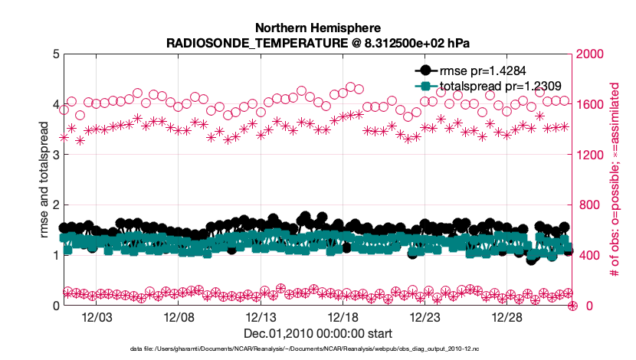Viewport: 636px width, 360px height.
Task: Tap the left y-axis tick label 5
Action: click(54, 54)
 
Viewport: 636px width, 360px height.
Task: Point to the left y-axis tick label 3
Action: click(54, 155)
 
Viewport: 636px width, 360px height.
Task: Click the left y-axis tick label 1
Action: click(54, 255)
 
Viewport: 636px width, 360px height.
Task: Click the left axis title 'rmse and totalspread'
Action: click(44, 180)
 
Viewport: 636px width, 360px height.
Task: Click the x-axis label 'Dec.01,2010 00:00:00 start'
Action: click(317, 333)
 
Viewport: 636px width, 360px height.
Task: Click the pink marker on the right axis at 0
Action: click(572, 306)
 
